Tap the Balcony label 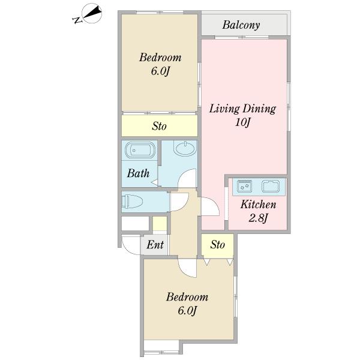pos(241,25)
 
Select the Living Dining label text pos(242,109)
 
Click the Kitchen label pos(258,205)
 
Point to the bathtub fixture pos(140,150)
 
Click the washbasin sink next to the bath pos(185,148)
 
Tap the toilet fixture pos(132,202)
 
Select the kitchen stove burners pos(244,186)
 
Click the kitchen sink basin pos(271,186)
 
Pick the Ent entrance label pos(155,245)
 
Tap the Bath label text pos(138,173)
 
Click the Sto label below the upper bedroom pos(159,126)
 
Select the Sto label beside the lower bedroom pos(217,245)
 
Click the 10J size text pos(242,122)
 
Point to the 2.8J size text pos(258,218)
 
